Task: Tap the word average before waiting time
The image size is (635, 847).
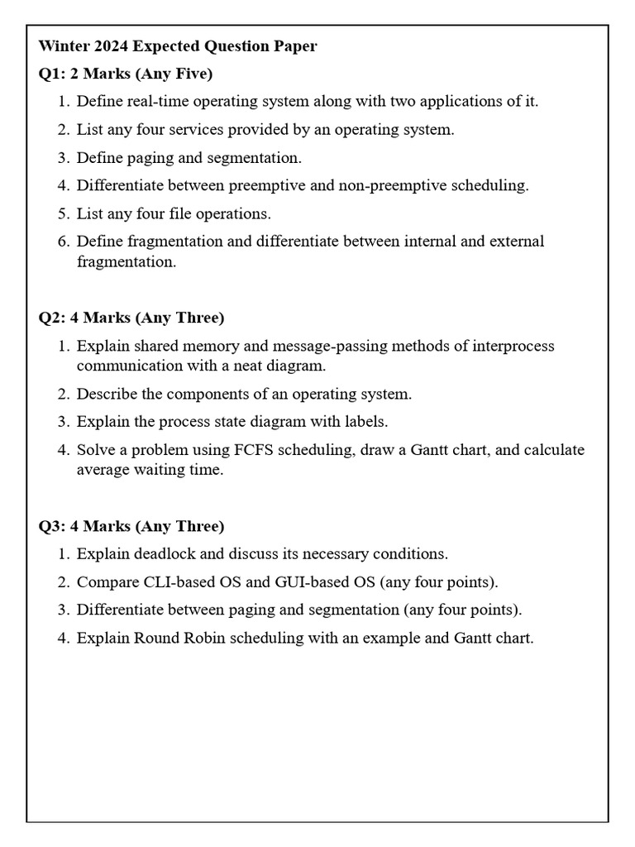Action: pos(103,470)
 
